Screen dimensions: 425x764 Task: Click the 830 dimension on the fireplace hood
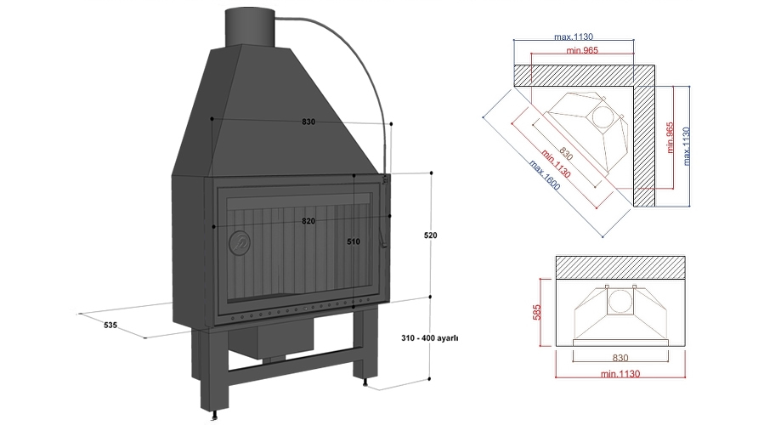click(308, 122)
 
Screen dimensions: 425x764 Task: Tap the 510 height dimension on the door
click(354, 241)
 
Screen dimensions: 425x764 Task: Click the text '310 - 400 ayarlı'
click(430, 337)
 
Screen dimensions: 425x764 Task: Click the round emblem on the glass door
click(241, 244)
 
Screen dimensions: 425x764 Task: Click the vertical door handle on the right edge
click(384, 212)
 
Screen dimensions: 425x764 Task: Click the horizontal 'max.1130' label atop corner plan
click(573, 37)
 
